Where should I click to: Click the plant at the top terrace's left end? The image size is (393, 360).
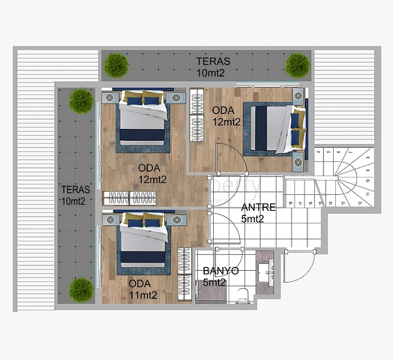coord(116,66)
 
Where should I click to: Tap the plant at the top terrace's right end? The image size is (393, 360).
coord(297,66)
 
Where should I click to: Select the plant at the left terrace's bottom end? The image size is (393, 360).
coord(81,289)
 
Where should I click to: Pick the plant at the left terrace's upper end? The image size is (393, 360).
coord(80,100)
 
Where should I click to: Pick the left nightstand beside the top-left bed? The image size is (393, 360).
coord(107,97)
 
